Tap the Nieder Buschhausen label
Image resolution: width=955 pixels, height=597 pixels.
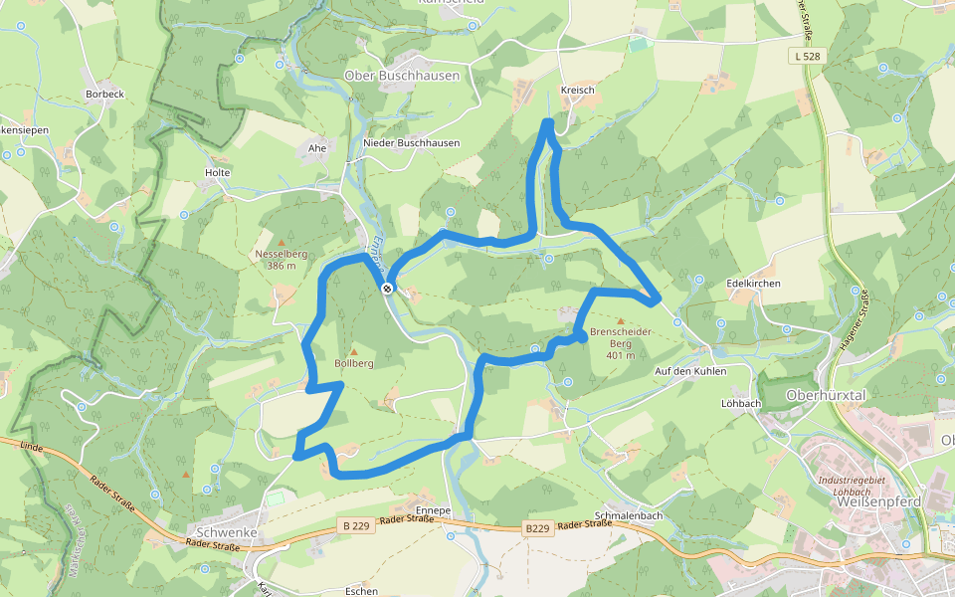pos(411,143)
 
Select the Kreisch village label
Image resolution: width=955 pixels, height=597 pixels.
pos(577,91)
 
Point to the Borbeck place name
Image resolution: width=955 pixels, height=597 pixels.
pos(104,95)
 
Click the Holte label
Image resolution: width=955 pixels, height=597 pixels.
pos(217,173)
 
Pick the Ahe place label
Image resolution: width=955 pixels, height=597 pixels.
pos(317,148)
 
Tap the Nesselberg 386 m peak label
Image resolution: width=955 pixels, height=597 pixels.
pos(282,260)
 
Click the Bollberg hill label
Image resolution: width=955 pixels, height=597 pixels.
pos(354,364)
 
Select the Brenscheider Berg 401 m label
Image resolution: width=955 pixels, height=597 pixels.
pos(621,337)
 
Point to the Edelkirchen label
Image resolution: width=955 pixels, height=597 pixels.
pos(753,284)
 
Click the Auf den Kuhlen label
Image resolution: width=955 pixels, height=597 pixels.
pos(690,371)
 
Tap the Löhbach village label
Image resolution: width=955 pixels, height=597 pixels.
pos(740,404)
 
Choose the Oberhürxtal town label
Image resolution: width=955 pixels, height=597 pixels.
pos(826,395)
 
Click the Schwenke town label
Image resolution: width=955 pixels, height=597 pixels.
pos(228,532)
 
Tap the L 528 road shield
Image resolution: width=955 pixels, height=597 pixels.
pos(809,57)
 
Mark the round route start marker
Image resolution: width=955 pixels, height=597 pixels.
pos(387,289)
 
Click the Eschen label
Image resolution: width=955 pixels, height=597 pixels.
pos(361,591)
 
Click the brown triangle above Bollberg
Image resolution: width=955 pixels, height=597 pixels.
pos(353,351)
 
